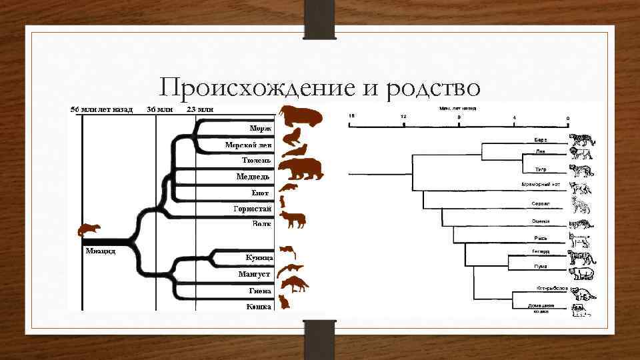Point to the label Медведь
point(253,177)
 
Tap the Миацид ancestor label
point(100,251)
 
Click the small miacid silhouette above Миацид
point(89,230)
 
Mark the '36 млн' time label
point(159,109)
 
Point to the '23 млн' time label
point(200,109)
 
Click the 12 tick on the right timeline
point(403,117)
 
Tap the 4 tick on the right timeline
point(514,117)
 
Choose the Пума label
point(541,266)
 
